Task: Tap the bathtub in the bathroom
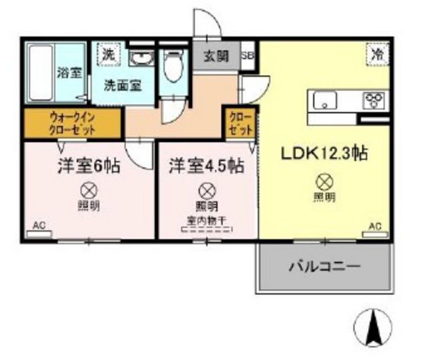point(42,74)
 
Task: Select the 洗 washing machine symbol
point(109,55)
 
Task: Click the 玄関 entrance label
point(216,57)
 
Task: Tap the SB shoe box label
point(247,56)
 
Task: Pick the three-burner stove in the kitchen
point(374,100)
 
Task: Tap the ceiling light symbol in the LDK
point(324,182)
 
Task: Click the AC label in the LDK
point(374,226)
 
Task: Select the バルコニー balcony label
point(323,267)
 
